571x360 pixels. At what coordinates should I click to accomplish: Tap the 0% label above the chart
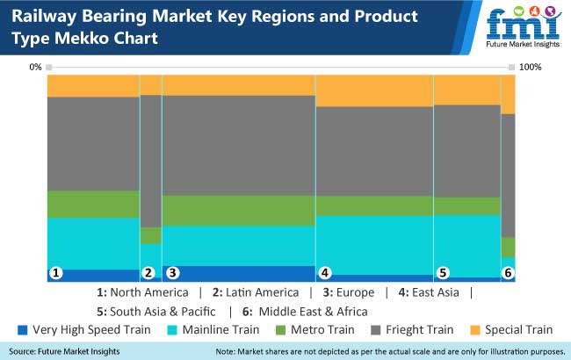click(x=35, y=67)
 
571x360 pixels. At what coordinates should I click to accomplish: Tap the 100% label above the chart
click(x=531, y=67)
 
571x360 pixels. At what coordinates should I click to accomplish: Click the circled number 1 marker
click(x=56, y=273)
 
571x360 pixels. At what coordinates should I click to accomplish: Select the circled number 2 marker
click(x=148, y=273)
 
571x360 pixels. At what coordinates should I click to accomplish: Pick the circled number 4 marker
click(x=324, y=273)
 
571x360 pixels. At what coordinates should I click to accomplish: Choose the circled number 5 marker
click(x=443, y=273)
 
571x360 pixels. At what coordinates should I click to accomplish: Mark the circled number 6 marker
click(x=507, y=273)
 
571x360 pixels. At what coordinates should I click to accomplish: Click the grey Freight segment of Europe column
click(x=238, y=145)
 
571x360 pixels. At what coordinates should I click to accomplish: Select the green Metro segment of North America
click(x=93, y=204)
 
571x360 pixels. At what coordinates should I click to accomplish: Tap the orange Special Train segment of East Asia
click(x=374, y=91)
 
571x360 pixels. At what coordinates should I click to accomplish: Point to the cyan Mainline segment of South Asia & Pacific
click(x=466, y=246)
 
